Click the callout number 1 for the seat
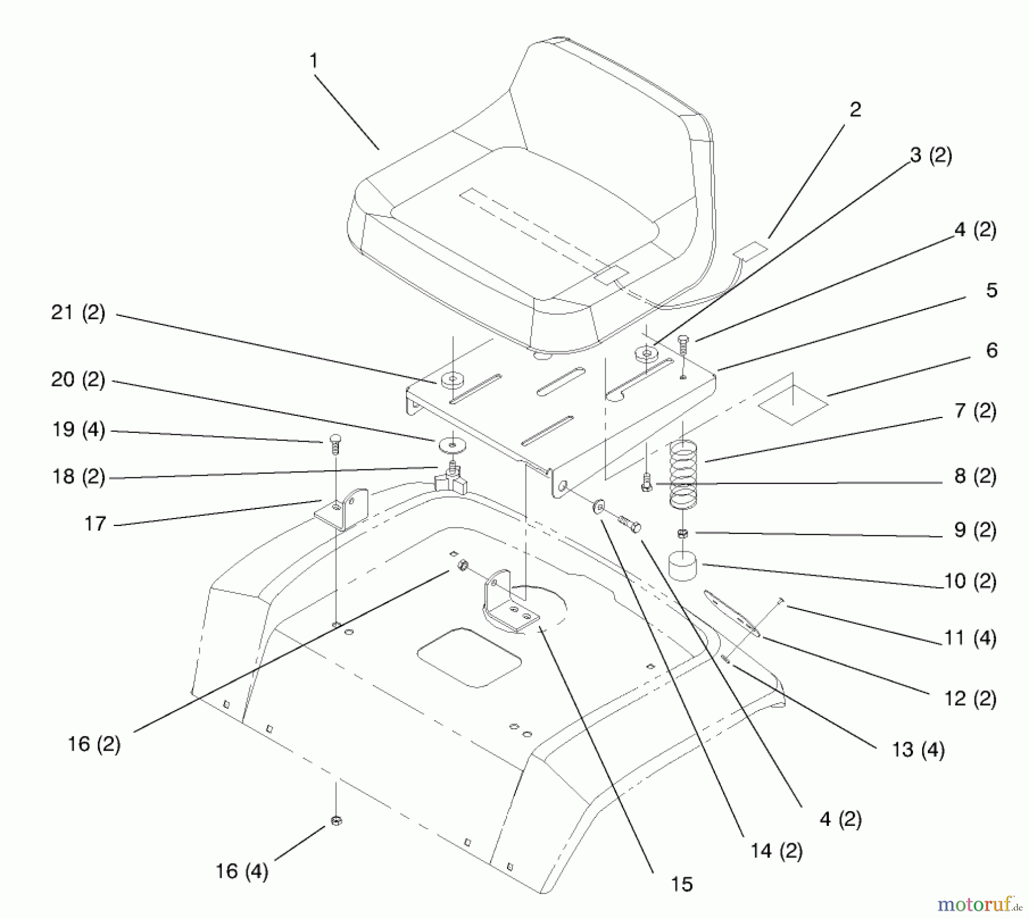pos(313,61)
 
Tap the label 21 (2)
pos(78,313)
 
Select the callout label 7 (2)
pos(975,411)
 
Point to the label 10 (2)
pos(970,581)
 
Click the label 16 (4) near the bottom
pos(242,871)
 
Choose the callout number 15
pos(682,884)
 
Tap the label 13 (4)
pos(919,749)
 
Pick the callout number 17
pos(95,523)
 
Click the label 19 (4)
pos(78,430)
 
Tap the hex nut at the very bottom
pos(336,821)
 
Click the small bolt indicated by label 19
pos(335,444)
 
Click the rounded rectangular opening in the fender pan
pos(469,657)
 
